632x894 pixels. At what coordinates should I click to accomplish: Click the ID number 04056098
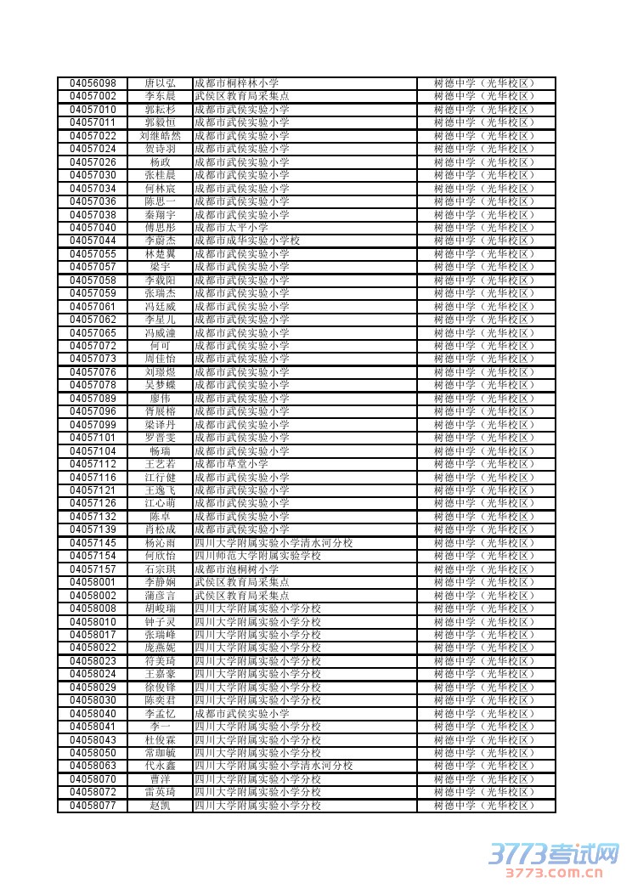pos(93,83)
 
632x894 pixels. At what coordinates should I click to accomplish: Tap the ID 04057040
pos(93,228)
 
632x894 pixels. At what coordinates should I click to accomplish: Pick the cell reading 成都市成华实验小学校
pos(247,240)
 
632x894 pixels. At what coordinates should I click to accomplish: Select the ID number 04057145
pos(93,543)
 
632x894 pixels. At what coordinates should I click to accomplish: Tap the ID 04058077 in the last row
pos(93,806)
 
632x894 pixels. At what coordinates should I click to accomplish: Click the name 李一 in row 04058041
pos(161,727)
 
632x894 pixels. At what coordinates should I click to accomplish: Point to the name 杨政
pos(161,162)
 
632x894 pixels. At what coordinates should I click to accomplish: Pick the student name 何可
pos(161,346)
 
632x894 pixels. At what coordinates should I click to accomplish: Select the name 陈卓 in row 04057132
pos(161,517)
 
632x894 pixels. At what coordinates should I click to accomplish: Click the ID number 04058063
pos(93,766)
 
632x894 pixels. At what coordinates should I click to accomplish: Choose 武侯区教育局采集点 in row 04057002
pos(241,97)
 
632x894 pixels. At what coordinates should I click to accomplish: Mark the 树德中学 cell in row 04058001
pos(485,582)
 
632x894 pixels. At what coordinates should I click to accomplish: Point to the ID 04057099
pos(93,425)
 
